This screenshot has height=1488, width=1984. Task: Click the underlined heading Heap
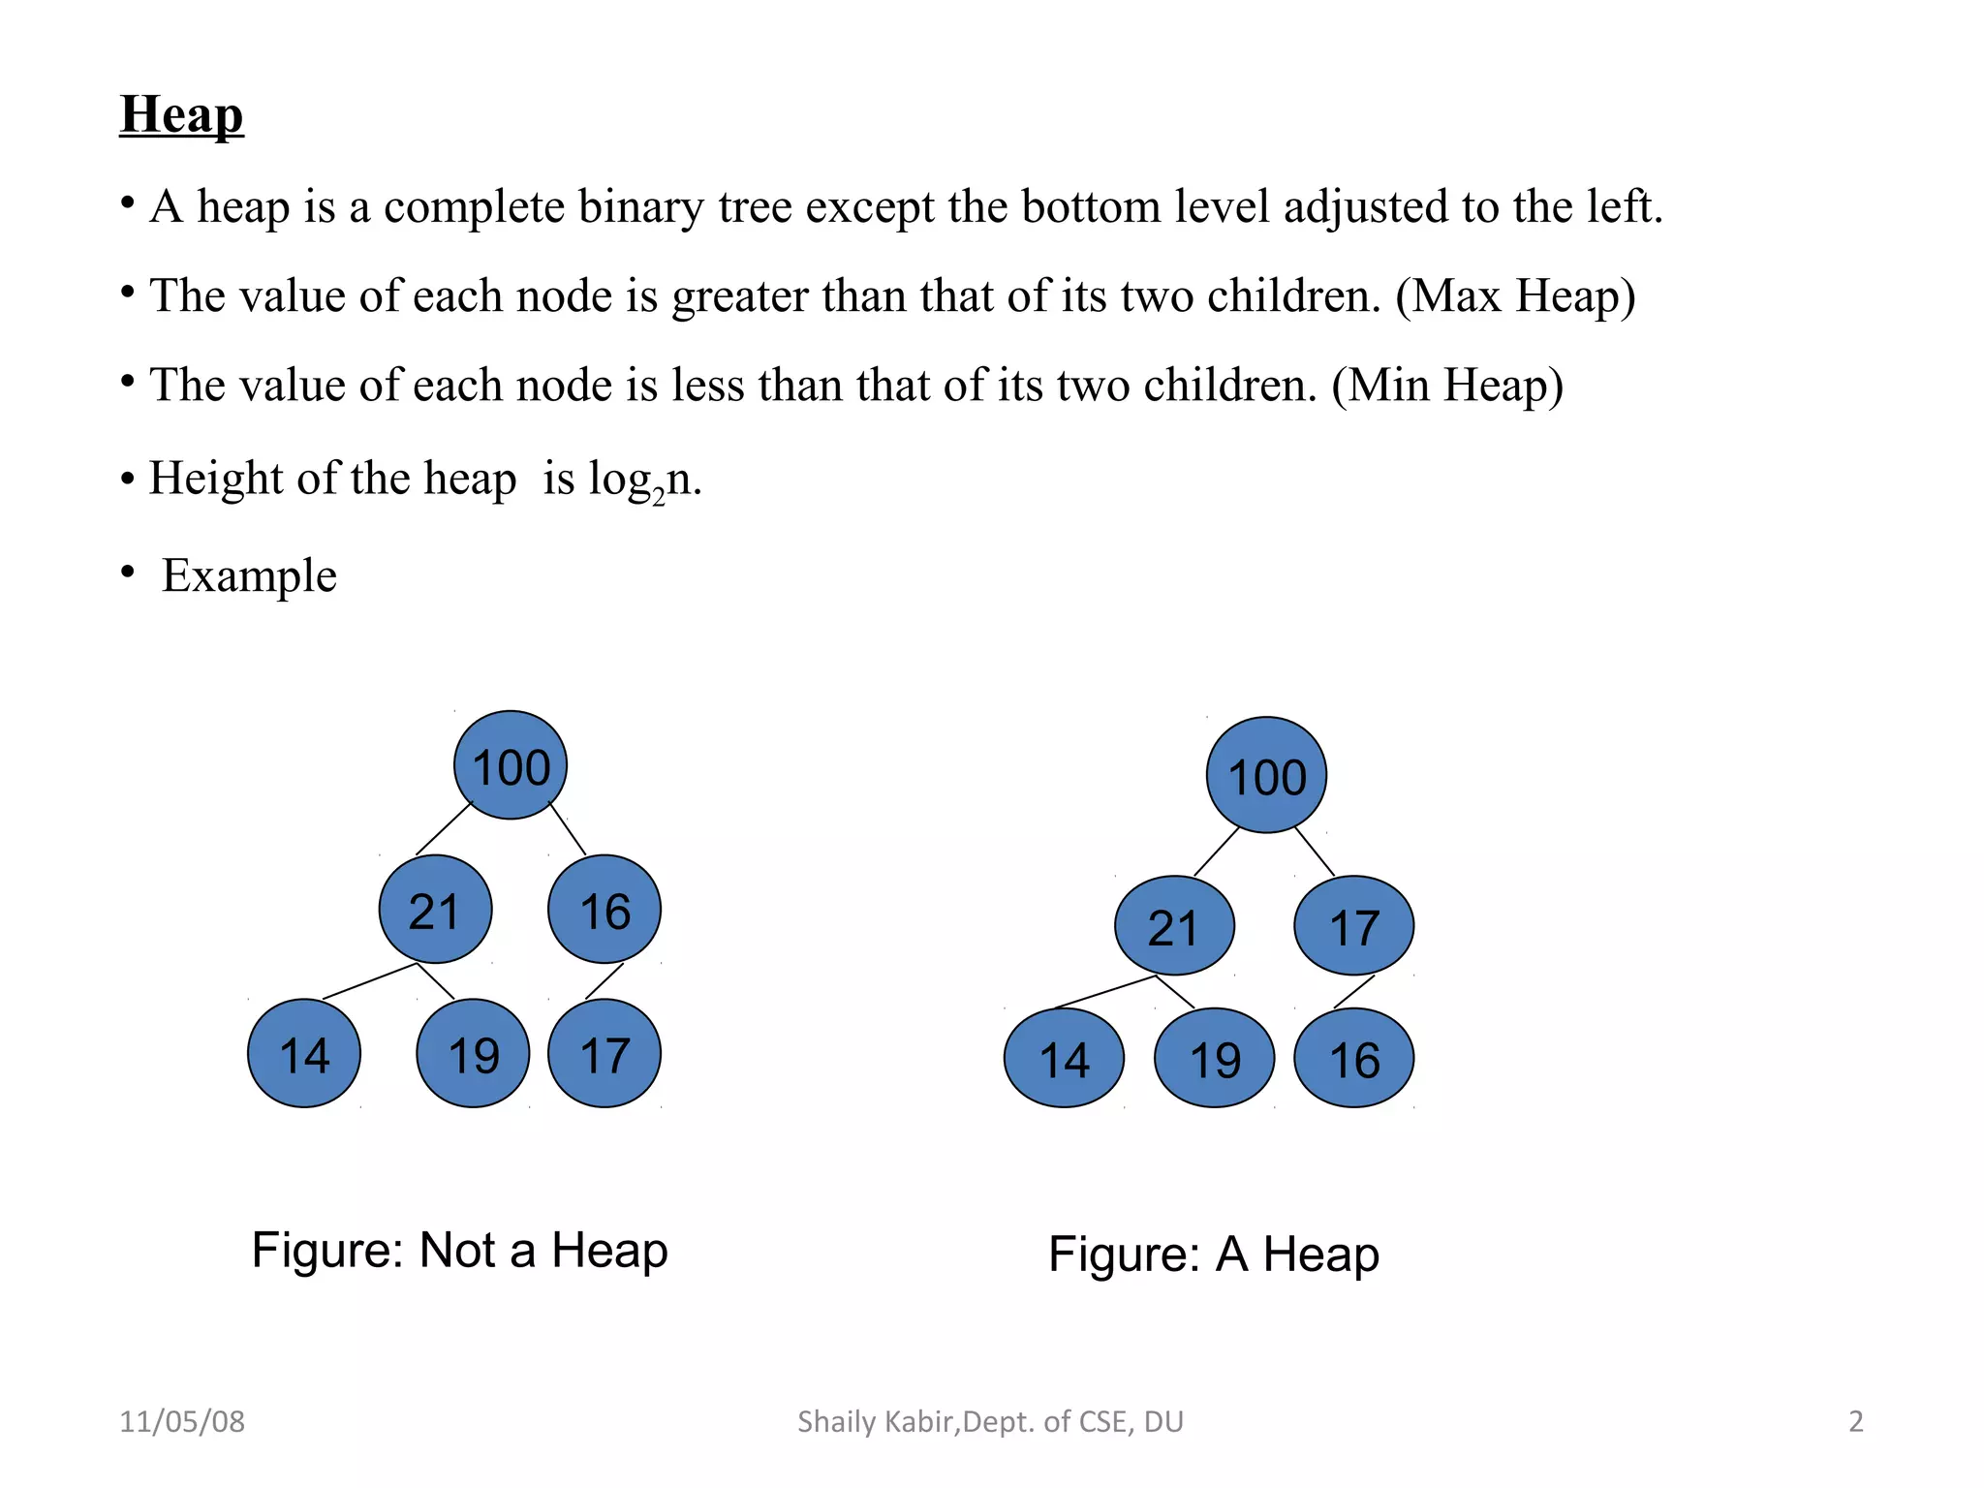(181, 114)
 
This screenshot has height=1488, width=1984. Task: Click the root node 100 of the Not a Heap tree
(511, 765)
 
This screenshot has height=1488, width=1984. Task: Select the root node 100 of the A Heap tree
(1266, 775)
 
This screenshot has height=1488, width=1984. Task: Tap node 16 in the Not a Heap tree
(604, 910)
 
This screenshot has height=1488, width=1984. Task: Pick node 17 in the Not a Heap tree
(604, 1054)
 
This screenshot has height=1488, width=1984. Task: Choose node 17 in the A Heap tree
(1353, 926)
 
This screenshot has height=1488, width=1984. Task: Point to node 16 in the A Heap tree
(1353, 1058)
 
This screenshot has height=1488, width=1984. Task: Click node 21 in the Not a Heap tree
(435, 910)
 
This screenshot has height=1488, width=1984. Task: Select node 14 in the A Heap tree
(1064, 1058)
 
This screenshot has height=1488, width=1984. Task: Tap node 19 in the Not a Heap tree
(473, 1054)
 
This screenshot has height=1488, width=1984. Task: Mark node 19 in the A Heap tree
(1214, 1058)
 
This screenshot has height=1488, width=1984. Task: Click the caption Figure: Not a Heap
(459, 1250)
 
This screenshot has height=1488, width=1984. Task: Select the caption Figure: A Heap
(1213, 1255)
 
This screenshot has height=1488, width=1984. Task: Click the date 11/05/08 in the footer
(182, 1421)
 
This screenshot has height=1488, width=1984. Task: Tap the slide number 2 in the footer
(1855, 1421)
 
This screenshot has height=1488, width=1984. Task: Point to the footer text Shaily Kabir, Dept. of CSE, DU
(990, 1421)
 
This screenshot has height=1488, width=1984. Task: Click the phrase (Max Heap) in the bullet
(1514, 295)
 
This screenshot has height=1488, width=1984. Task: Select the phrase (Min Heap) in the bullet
(1446, 385)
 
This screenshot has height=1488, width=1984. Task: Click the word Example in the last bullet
(249, 575)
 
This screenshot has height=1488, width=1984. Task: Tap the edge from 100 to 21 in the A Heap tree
(1217, 852)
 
